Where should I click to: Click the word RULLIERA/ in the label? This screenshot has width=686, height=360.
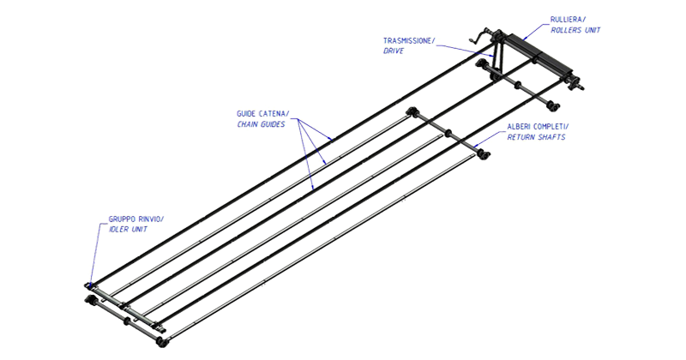tap(568, 20)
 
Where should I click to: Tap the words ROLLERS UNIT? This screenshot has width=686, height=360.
tap(575, 30)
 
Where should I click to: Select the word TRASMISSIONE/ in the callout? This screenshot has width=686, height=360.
tap(409, 40)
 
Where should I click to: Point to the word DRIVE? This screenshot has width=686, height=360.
tap(394, 51)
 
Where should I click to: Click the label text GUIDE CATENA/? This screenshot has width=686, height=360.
tap(263, 114)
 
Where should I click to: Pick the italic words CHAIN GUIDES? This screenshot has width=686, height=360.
tap(261, 124)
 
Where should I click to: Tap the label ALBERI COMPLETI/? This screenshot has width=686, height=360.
tap(539, 127)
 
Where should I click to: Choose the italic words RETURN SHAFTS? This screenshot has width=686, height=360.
tap(536, 137)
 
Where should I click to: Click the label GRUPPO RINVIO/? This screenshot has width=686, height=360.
tap(136, 219)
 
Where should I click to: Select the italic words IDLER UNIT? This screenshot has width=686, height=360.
tap(128, 230)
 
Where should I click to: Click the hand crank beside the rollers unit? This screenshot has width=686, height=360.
tap(480, 38)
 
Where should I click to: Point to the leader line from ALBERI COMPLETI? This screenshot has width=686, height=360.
tap(490, 137)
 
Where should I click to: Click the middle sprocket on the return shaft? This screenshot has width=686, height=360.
tap(447, 133)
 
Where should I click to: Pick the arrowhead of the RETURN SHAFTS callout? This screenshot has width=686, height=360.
tap(477, 143)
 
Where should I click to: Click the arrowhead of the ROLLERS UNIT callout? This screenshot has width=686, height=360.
tap(525, 38)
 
